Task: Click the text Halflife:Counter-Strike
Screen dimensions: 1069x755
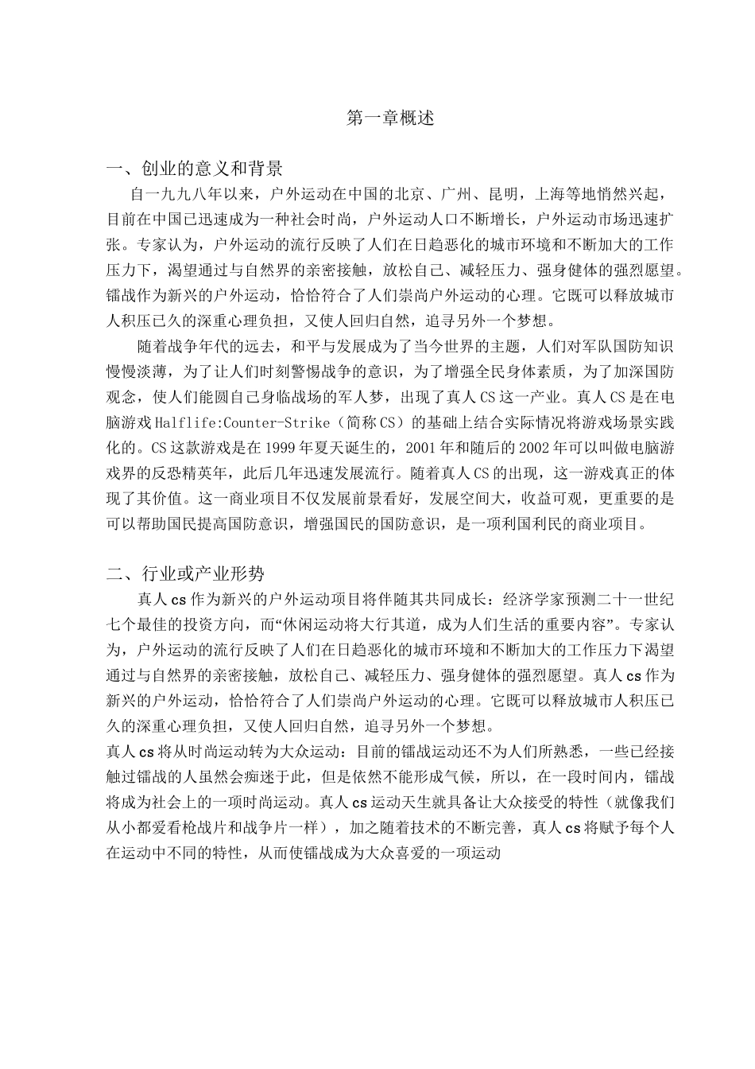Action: coord(242,422)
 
